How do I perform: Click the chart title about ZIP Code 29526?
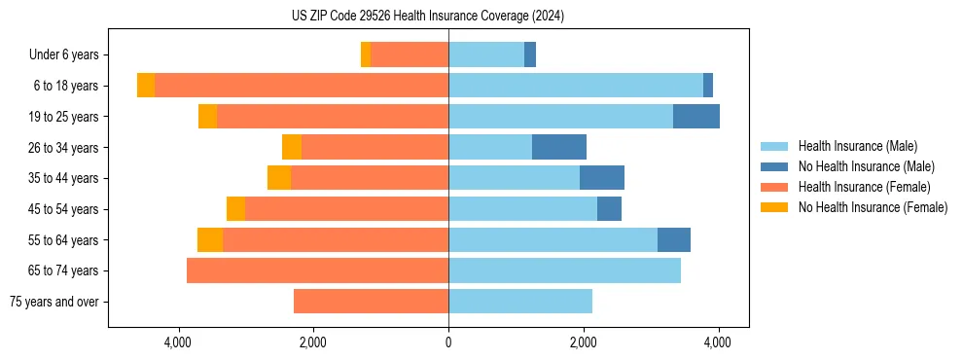[x=428, y=16]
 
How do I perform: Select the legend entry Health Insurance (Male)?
[x=857, y=146]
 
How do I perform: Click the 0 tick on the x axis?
[x=448, y=342]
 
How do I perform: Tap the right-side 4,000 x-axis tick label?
[x=718, y=342]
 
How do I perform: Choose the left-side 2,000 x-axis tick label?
[x=313, y=342]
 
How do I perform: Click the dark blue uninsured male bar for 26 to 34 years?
[x=559, y=147]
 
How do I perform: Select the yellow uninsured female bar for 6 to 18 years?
[x=146, y=86]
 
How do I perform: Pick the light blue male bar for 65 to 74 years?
[x=564, y=270]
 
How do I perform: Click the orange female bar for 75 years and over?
[x=371, y=302]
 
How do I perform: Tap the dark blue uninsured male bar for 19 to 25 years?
[x=696, y=117]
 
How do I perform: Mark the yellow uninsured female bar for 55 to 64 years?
[x=210, y=239]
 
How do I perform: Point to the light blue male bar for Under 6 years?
[x=486, y=54]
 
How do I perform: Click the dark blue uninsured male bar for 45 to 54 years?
[x=609, y=209]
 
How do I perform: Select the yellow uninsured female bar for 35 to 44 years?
[x=279, y=178]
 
